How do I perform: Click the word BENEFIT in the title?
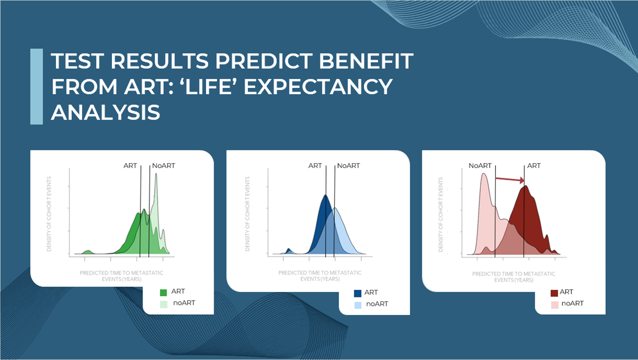click(366, 61)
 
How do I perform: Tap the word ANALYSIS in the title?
click(106, 112)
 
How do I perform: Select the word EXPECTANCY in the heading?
click(318, 87)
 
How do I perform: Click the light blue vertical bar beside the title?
click(36, 87)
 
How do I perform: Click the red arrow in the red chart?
click(510, 179)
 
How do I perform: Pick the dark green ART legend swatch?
click(163, 293)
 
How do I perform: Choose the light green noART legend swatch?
click(163, 304)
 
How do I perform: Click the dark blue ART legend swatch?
click(357, 294)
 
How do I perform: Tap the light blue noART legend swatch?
click(358, 305)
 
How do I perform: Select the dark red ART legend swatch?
click(554, 293)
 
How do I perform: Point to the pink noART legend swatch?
click(554, 305)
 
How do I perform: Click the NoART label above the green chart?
click(163, 166)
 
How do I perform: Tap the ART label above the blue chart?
click(315, 166)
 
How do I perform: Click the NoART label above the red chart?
click(480, 166)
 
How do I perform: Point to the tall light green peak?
click(156, 174)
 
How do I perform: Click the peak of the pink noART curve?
click(484, 174)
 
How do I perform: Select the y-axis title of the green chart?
click(49, 214)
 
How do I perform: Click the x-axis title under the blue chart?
click(320, 276)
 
